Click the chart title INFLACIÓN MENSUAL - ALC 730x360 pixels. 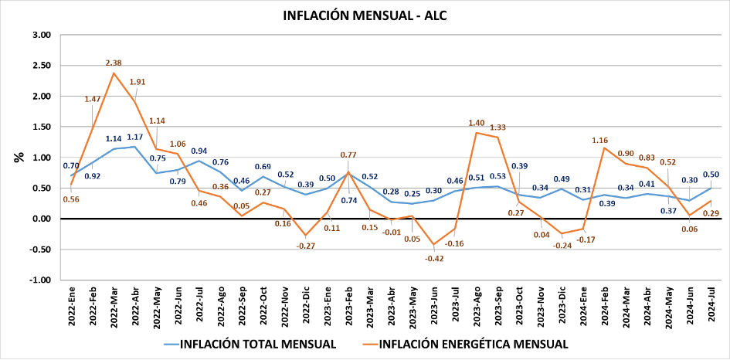365,15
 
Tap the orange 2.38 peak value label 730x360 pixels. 114,63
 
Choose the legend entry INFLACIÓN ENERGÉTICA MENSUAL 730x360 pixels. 471,343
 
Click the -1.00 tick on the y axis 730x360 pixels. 39,280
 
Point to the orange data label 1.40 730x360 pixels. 477,123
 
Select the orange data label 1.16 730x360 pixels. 600,140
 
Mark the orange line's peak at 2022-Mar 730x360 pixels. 114,73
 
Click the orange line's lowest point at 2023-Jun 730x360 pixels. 433,244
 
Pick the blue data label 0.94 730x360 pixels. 199,151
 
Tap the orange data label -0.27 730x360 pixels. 307,246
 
